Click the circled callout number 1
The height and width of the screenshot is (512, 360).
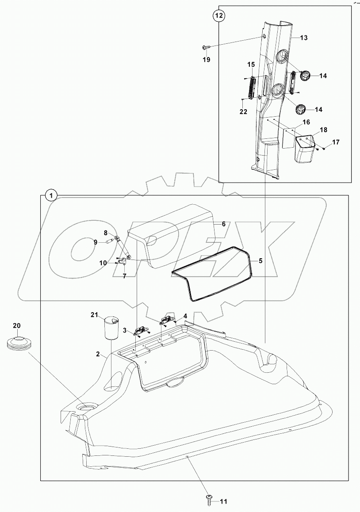tap(51, 195)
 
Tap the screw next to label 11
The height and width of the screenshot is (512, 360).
tap(209, 501)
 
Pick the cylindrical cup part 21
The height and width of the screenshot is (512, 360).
tap(110, 328)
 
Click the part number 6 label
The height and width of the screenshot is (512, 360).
tap(224, 224)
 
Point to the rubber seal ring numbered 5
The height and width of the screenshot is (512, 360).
tap(212, 274)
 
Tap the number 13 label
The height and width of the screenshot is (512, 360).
tap(303, 38)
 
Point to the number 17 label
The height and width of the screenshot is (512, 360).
tap(336, 142)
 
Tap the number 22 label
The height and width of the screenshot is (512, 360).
tap(243, 112)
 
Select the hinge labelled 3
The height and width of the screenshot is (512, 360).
tap(141, 330)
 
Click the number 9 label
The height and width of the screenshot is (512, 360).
tap(96, 241)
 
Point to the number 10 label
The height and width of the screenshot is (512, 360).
tap(103, 263)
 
